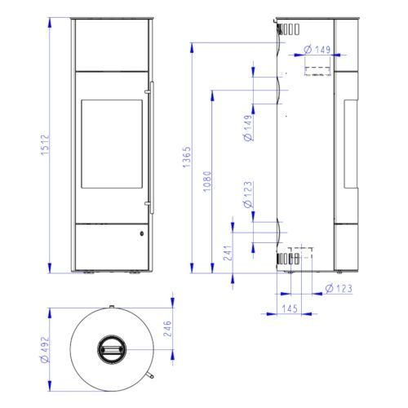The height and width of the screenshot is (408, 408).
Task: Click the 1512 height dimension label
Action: point(45,144)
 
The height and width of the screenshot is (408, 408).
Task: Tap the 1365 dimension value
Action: point(187,157)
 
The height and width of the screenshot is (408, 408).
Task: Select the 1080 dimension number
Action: point(207,181)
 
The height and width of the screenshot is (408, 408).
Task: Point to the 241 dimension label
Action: point(228,253)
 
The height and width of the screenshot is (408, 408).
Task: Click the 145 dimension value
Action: point(290,308)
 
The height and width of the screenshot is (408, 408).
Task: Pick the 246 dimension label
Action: point(167,329)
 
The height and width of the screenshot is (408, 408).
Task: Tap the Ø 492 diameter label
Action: point(45,349)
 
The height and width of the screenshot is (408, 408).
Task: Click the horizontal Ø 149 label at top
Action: point(317,50)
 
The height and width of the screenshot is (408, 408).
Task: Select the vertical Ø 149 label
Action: point(248,127)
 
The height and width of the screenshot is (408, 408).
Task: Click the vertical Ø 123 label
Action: point(248,194)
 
